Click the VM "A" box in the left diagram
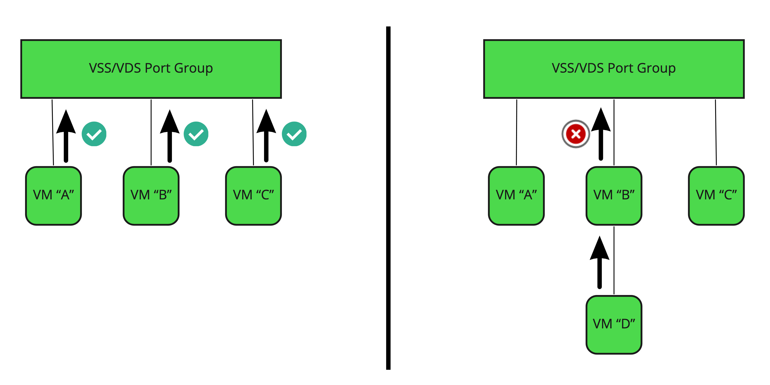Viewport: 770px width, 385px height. [x=53, y=196]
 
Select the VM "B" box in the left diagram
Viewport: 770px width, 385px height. [x=151, y=196]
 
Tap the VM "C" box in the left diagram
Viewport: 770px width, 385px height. [x=253, y=196]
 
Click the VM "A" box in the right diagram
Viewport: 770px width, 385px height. [x=516, y=196]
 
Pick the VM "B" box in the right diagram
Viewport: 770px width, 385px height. [x=614, y=196]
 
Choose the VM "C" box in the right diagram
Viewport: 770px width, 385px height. [x=716, y=196]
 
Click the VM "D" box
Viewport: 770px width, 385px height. [x=614, y=325]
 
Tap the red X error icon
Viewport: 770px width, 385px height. [x=575, y=134]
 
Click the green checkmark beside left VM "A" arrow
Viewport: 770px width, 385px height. [x=94, y=134]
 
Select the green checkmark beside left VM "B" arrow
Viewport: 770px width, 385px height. [x=196, y=134]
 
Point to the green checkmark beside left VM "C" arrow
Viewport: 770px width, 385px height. [x=294, y=134]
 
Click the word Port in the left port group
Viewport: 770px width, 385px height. [x=158, y=68]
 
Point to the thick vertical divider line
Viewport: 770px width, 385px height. [x=388, y=197]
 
